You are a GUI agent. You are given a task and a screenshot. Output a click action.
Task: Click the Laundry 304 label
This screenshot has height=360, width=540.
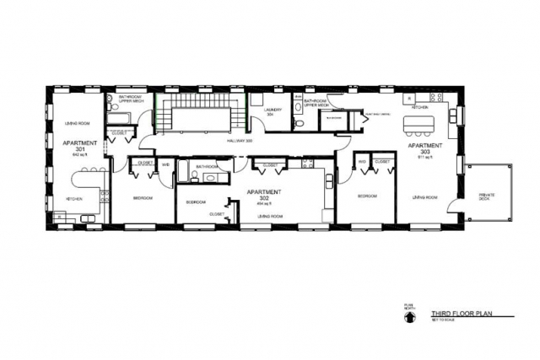pos(272,112)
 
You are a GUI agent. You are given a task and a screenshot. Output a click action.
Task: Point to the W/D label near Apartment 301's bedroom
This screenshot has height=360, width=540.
pos(165,164)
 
